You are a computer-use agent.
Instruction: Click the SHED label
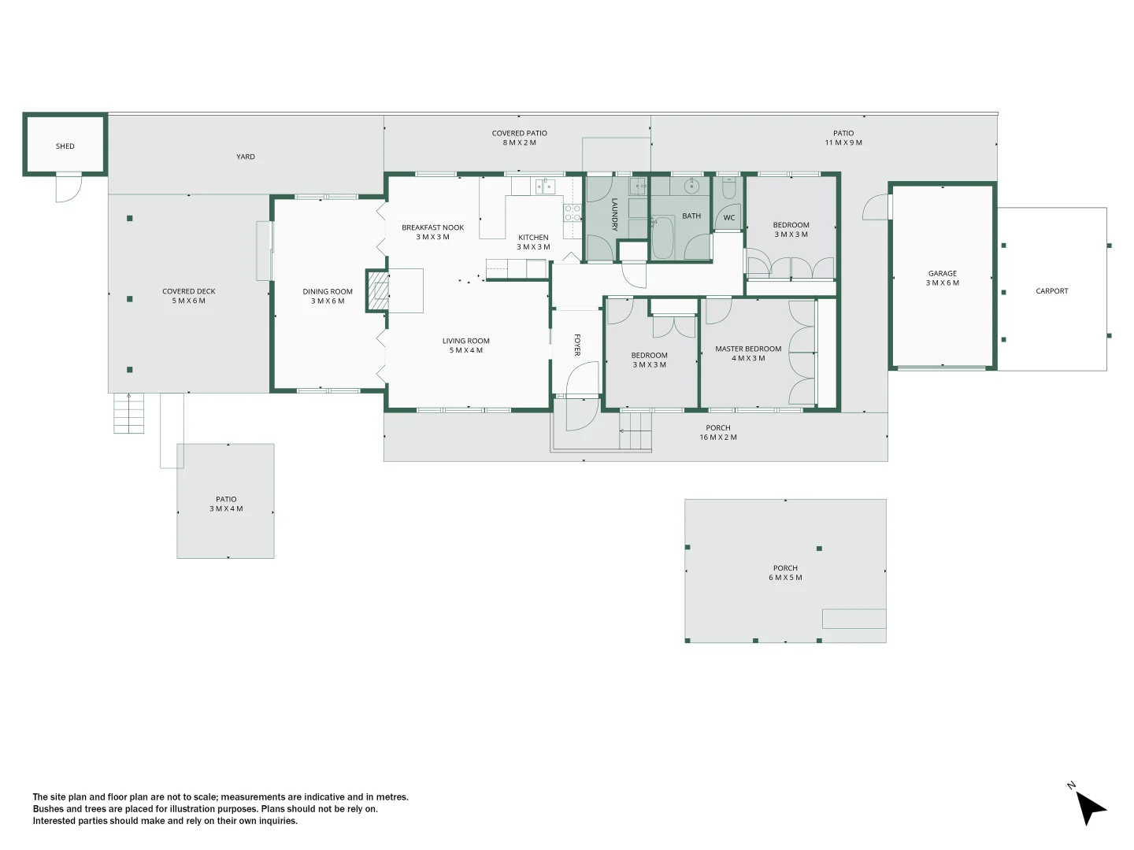pyautogui.click(x=65, y=146)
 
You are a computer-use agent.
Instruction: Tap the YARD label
pyautogui.click(x=246, y=157)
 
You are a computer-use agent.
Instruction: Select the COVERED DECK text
pyautogui.click(x=189, y=292)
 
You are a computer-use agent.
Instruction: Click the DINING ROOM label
pyautogui.click(x=328, y=292)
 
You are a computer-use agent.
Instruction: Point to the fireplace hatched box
pyautogui.click(x=379, y=291)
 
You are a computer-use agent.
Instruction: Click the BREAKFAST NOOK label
pyautogui.click(x=432, y=228)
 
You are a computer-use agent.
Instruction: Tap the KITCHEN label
pyautogui.click(x=533, y=238)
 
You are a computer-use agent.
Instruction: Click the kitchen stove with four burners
pyautogui.click(x=572, y=213)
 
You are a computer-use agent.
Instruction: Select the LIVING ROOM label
pyautogui.click(x=465, y=342)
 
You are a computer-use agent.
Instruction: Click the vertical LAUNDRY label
pyautogui.click(x=615, y=214)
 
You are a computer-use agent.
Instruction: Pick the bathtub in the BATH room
pyautogui.click(x=662, y=238)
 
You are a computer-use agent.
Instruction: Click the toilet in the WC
pyautogui.click(x=728, y=189)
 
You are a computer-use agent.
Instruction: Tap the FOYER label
pyautogui.click(x=577, y=345)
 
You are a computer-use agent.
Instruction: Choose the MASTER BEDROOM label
pyautogui.click(x=748, y=349)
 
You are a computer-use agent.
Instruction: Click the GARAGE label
pyautogui.click(x=943, y=274)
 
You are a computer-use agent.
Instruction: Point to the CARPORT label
pyautogui.click(x=1052, y=291)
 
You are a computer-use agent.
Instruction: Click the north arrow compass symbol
pyautogui.click(x=1090, y=807)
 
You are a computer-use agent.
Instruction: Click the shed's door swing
pyautogui.click(x=68, y=189)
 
